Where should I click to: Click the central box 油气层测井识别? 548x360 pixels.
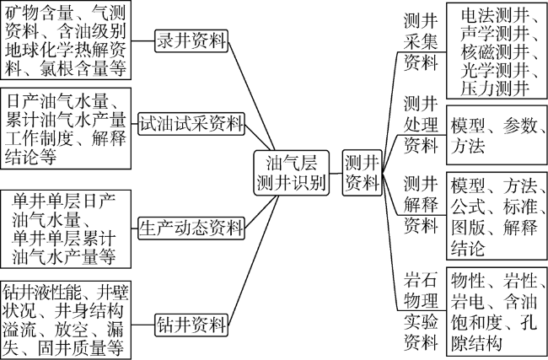tap(292, 172)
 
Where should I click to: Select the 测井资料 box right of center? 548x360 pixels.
tap(362, 173)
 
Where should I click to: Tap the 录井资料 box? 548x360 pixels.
tap(191, 41)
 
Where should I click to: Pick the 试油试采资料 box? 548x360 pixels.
tap(191, 124)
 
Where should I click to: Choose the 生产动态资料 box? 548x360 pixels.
tap(191, 228)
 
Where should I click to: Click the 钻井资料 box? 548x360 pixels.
tap(191, 325)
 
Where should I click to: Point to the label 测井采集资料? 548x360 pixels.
tap(421, 42)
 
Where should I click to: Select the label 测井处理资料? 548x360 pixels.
tap(421, 124)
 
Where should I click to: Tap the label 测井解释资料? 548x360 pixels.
tap(421, 205)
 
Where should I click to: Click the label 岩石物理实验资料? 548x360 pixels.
tap(421, 310)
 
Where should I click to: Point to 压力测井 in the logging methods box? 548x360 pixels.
tap(495, 88)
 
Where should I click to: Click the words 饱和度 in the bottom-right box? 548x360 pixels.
tap(476, 322)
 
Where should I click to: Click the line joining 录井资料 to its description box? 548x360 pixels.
tap(143, 41)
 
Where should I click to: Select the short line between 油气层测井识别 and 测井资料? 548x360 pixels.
tap(336, 173)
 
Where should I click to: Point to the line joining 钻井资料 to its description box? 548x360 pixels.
tap(143, 325)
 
